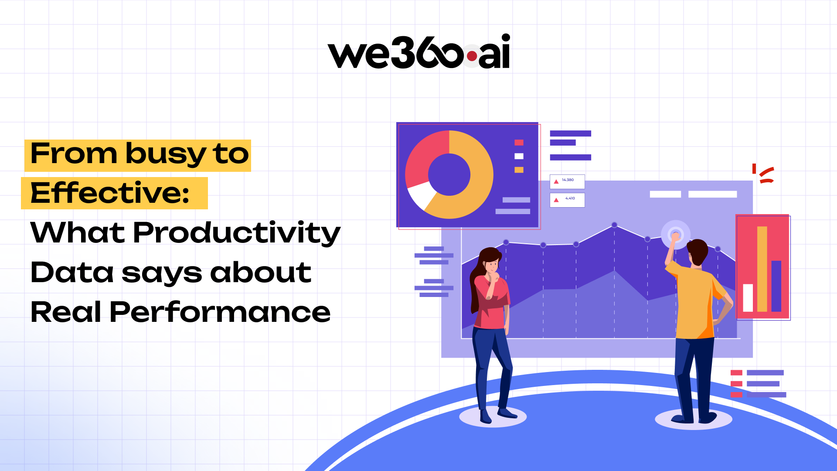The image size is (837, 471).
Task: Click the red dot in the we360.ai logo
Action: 472,56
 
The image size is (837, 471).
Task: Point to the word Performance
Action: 220,312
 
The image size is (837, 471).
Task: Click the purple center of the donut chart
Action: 449,174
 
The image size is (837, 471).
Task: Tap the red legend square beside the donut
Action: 519,143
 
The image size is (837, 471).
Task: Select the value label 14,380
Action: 568,180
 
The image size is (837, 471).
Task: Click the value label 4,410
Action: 570,198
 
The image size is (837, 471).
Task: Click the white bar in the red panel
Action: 748,298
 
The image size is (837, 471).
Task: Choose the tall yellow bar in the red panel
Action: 762,269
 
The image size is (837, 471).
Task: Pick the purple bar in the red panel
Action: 776,286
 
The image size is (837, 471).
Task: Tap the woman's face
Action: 492,264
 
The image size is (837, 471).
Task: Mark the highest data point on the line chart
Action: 614,225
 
